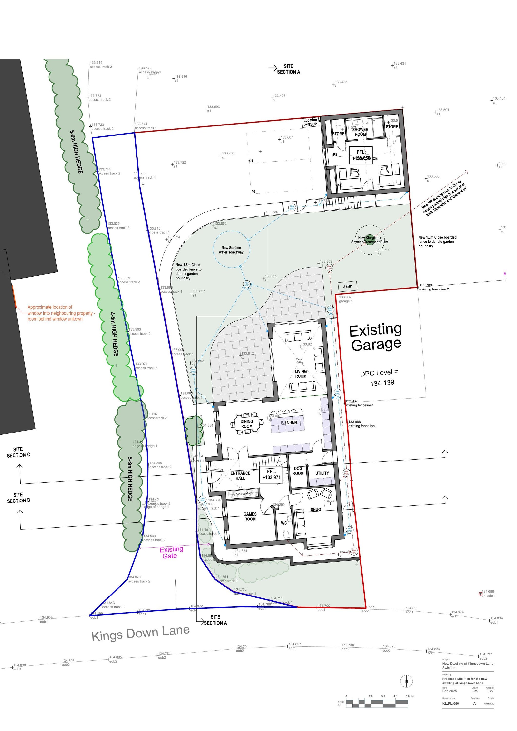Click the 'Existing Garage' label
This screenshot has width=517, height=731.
click(x=376, y=337)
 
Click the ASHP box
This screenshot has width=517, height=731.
click(x=348, y=286)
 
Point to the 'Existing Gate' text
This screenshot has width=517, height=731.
click(x=171, y=552)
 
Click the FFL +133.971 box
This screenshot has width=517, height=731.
click(x=271, y=475)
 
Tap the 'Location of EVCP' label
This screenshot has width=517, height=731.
click(x=310, y=122)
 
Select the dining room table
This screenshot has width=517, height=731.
click(x=247, y=423)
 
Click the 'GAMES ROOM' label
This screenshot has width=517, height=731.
click(x=250, y=516)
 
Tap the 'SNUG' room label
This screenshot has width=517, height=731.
click(x=316, y=510)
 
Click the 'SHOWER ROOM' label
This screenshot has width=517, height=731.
click(x=360, y=132)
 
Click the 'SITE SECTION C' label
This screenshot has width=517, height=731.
click(x=19, y=452)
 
